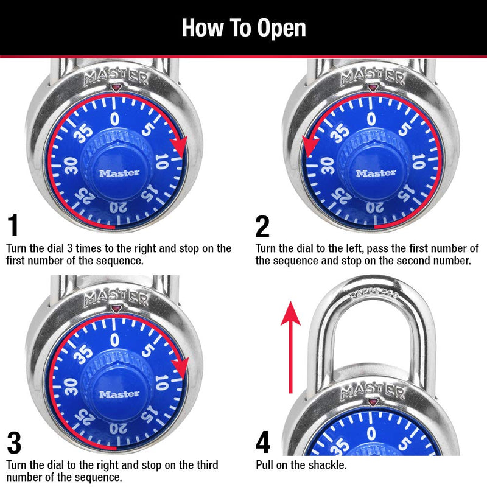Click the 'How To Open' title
click(x=243, y=28)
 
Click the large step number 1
click(x=13, y=226)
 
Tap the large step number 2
click(x=262, y=226)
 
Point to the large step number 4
click(x=263, y=443)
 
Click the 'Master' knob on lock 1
click(x=119, y=172)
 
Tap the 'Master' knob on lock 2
click(x=376, y=172)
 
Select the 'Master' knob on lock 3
click(x=119, y=394)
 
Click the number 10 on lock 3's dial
click(x=161, y=382)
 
